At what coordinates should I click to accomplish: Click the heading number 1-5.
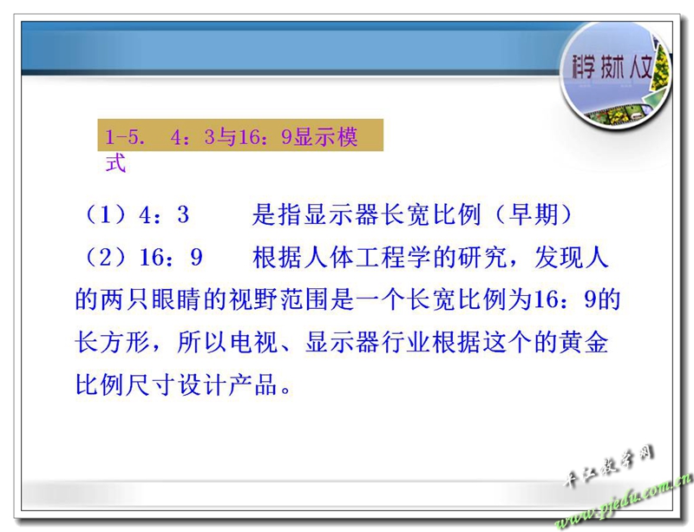coord(124,137)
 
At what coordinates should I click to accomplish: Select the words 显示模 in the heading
coord(326,136)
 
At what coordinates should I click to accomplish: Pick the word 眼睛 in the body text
coord(177,300)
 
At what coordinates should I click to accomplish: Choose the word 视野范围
coord(278,300)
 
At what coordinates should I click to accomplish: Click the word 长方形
coord(113,343)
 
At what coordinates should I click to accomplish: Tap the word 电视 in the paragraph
coord(253,343)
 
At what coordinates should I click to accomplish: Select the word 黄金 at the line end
coord(583,343)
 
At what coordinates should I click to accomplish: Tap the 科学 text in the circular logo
coord(583,67)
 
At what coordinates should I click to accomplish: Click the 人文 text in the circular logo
coord(640,67)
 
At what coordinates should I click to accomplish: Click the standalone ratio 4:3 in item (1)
coord(164,215)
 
